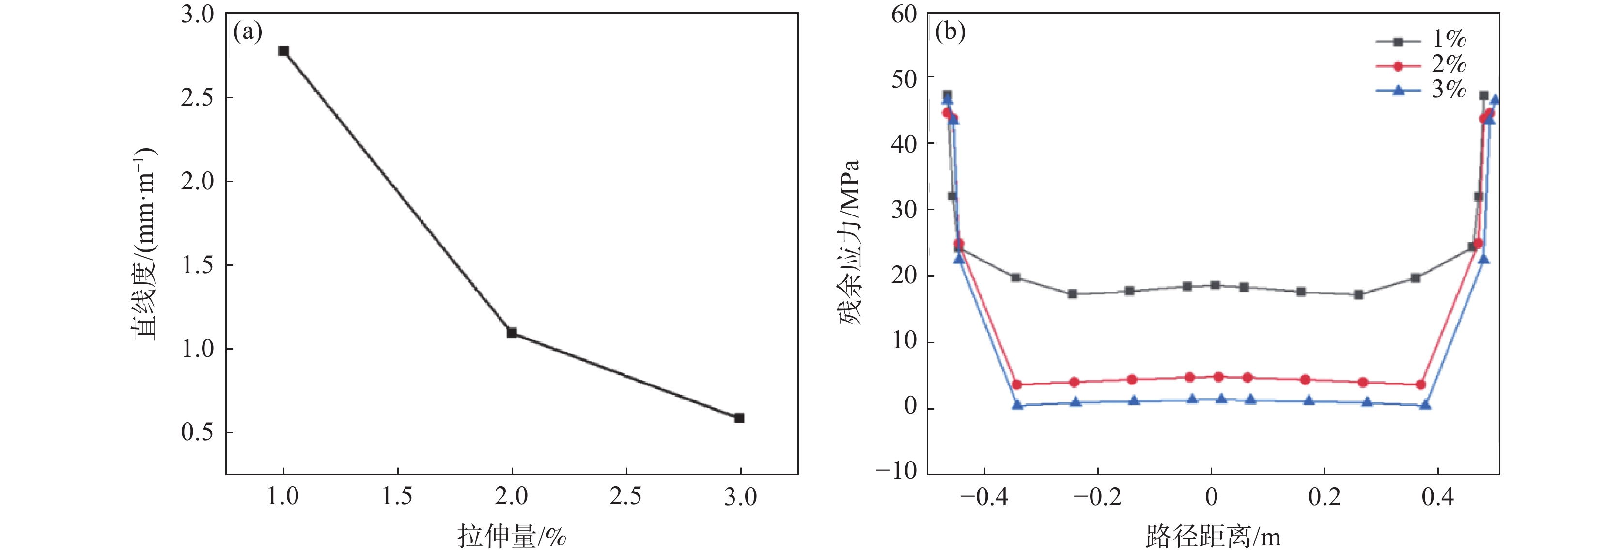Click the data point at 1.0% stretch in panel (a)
click(x=284, y=51)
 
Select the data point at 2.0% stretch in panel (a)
click(x=512, y=333)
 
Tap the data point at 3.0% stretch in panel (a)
click(x=739, y=418)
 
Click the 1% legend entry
click(x=1421, y=40)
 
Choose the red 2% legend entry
click(x=1421, y=65)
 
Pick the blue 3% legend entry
click(x=1421, y=91)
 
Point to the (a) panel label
click(x=247, y=31)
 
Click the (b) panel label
click(x=950, y=31)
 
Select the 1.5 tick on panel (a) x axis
click(x=398, y=497)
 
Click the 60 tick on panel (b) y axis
click(x=904, y=15)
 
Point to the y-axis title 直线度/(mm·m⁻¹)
click(x=145, y=244)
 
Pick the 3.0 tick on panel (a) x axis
click(x=741, y=497)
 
